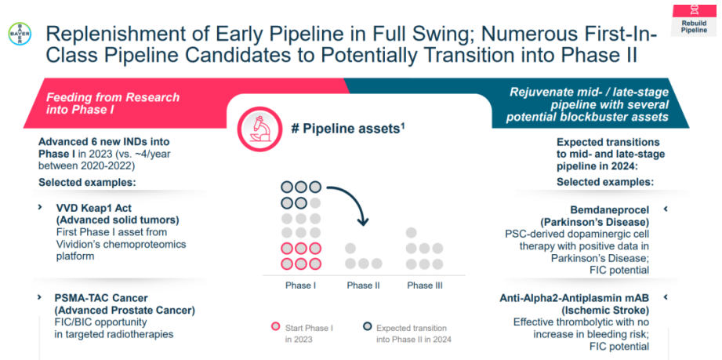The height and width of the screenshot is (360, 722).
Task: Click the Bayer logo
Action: point(17,35)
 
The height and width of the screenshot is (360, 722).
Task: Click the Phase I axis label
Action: point(300,285)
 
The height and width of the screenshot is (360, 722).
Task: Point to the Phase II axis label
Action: point(363,285)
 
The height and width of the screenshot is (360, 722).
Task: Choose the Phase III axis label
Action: point(425,285)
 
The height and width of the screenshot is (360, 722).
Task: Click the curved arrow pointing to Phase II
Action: point(349,202)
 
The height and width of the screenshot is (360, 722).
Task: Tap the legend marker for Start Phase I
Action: point(275,328)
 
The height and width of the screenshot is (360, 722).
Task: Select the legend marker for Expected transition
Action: point(367,328)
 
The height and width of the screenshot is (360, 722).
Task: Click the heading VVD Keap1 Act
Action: point(93,208)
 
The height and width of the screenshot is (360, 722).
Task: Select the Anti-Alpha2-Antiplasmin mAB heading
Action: point(574,298)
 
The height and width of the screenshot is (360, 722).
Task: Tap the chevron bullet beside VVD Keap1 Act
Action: point(41,207)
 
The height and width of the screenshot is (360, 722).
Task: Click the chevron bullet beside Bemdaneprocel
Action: point(666,209)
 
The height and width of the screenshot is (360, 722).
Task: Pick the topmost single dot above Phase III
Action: point(412,232)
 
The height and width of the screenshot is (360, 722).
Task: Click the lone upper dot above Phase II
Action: point(350,249)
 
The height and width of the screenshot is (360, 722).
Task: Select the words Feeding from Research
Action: point(113,97)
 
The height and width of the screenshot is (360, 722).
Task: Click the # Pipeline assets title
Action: point(347,129)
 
